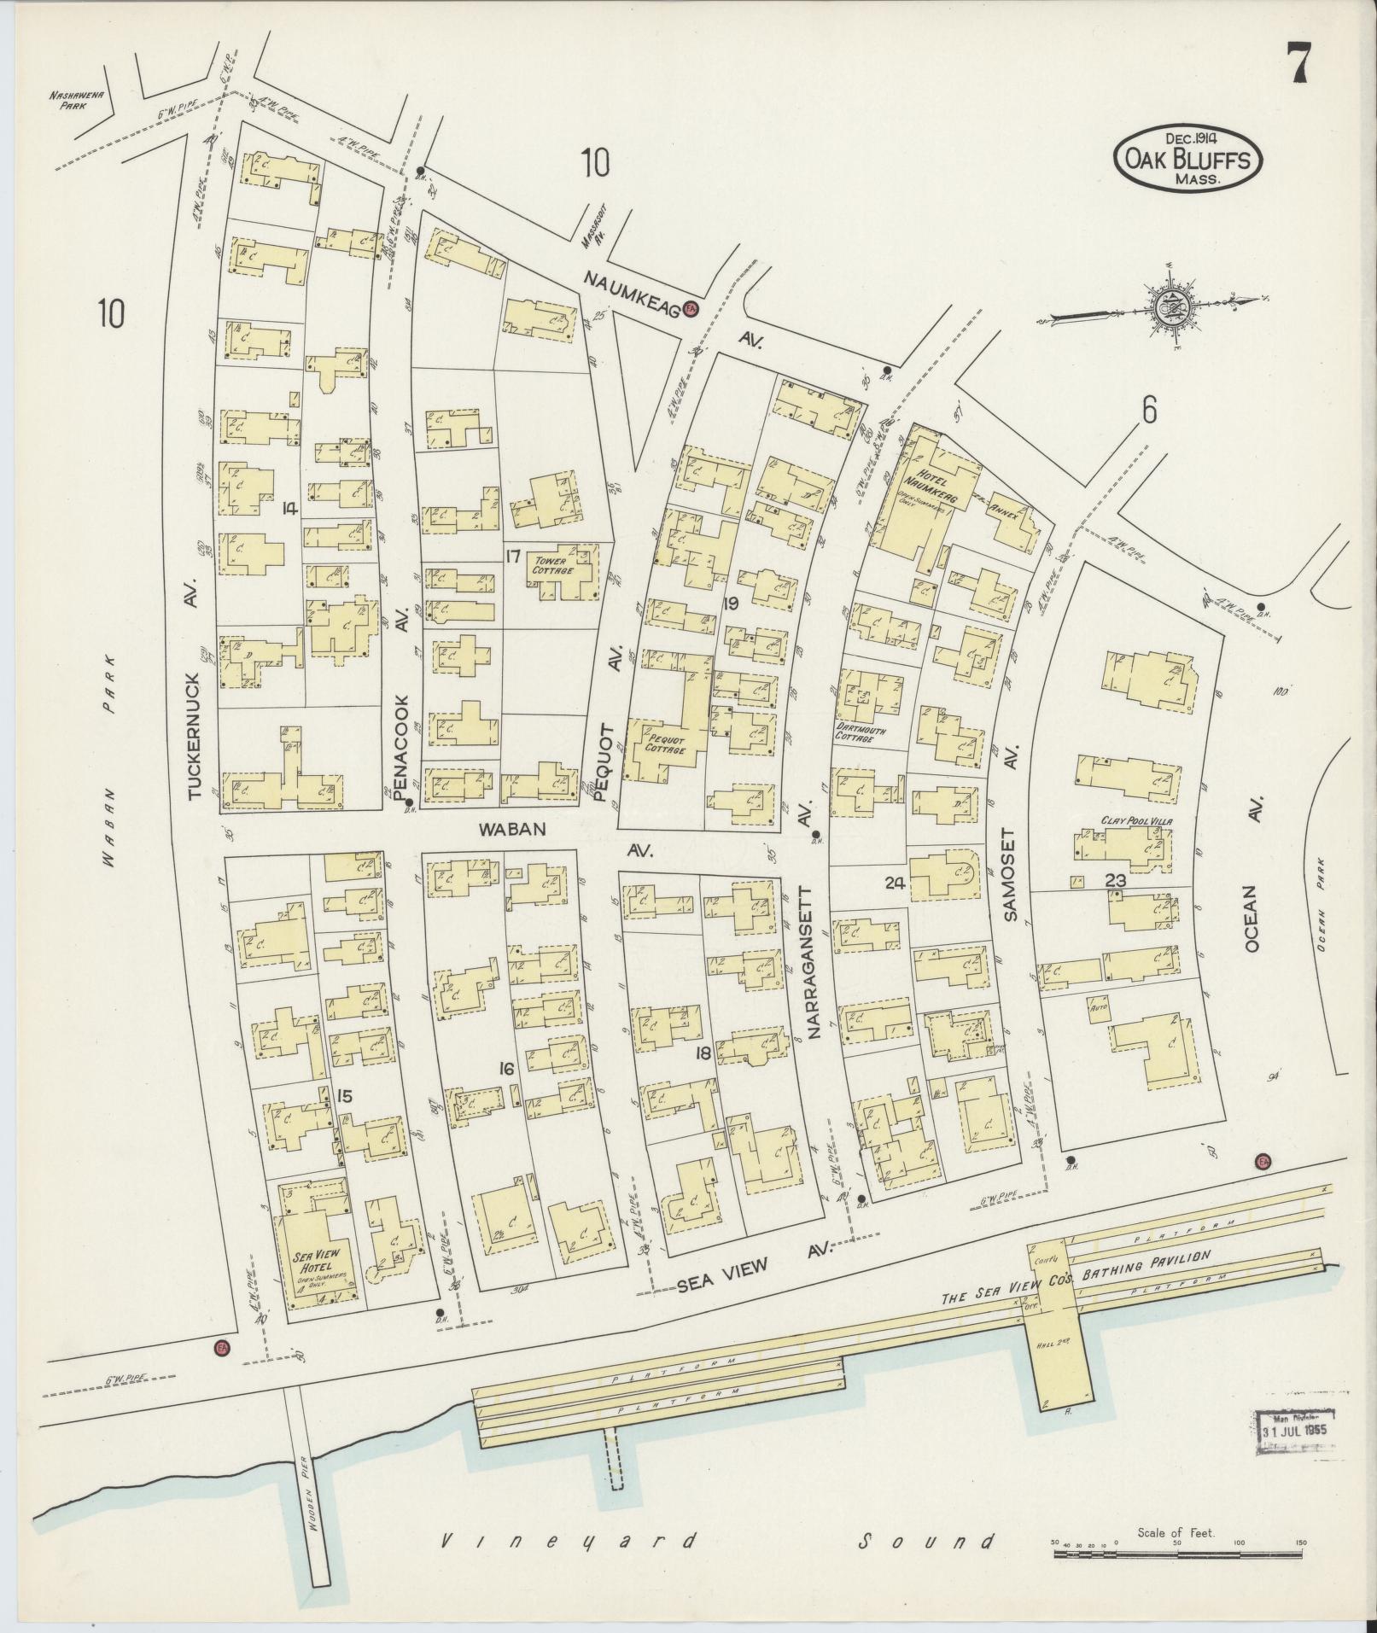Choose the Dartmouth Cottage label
coord(861,735)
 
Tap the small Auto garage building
coord(1098,1007)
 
